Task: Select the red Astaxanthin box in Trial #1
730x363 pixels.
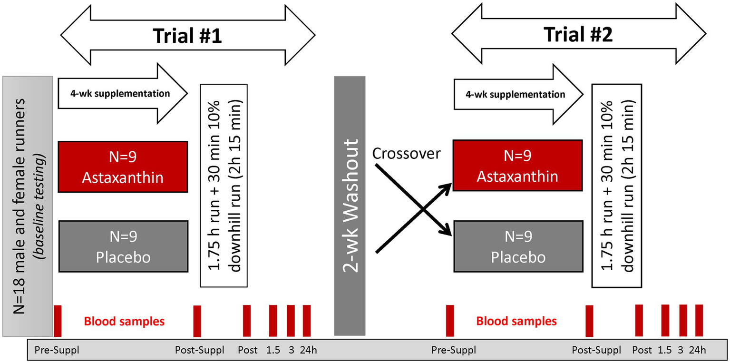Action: point(123,167)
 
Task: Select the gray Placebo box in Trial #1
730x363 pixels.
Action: point(123,246)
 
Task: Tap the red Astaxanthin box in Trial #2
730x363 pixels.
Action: point(517,166)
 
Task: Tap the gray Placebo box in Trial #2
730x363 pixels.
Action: point(517,246)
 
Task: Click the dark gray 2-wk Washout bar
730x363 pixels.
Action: point(350,206)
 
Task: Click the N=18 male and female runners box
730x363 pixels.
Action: point(27,206)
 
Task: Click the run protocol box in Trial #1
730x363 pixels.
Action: point(223,186)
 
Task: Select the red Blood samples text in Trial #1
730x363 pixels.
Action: point(124,322)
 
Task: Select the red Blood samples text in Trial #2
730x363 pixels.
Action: point(516,322)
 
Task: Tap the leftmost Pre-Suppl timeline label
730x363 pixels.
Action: point(57,351)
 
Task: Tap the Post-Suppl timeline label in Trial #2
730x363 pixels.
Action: point(596,351)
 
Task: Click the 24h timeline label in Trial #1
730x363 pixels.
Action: point(308,351)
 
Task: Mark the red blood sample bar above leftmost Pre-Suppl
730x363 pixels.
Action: point(58,321)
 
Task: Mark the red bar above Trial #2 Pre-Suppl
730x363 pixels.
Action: point(450,321)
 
